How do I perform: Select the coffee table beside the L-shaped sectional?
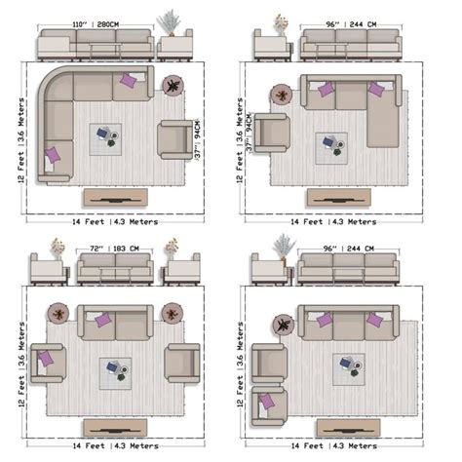[x=106, y=138]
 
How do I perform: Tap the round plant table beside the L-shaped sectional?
[x=173, y=87]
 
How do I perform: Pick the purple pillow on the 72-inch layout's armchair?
[x=46, y=360]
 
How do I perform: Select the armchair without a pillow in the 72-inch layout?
[x=181, y=363]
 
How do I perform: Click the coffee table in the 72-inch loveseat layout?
[x=115, y=372]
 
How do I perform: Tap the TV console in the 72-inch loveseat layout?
[x=115, y=427]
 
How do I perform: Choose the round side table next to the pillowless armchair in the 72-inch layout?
[x=173, y=314]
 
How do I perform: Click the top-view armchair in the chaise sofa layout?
[x=272, y=133]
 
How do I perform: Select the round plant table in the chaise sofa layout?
[x=283, y=95]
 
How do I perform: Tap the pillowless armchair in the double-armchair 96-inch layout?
[x=269, y=363]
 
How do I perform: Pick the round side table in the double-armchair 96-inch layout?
[x=282, y=324]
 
